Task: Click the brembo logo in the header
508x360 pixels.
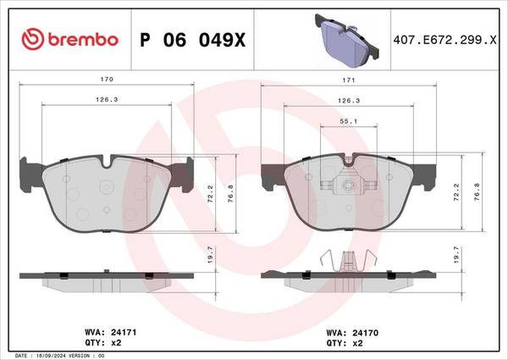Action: tap(69, 39)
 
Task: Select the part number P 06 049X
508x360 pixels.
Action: tap(193, 40)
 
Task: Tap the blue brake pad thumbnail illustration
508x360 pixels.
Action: tap(346, 40)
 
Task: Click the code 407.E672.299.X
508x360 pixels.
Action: tap(444, 40)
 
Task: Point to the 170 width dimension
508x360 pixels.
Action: tap(107, 79)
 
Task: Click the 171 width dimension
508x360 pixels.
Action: tap(349, 80)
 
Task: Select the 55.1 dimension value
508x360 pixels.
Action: tap(349, 121)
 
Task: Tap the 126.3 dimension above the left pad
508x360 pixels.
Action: tap(107, 99)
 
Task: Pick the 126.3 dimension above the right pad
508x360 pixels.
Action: tap(349, 101)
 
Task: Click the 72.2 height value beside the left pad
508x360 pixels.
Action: tap(210, 194)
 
